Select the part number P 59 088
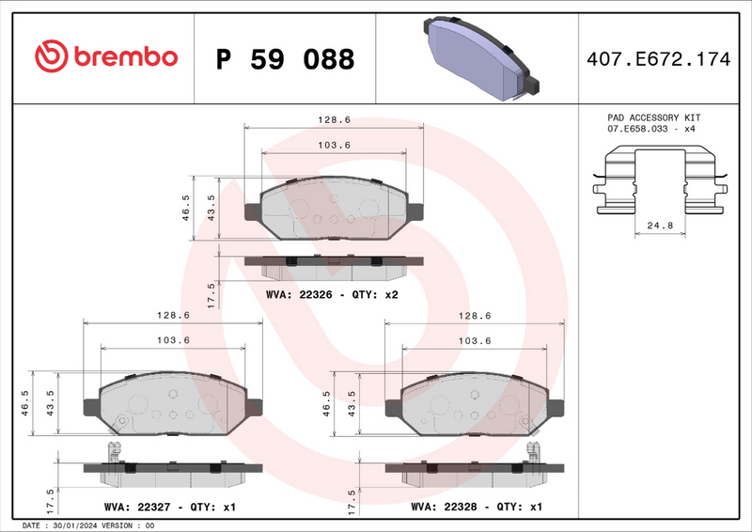point(285,59)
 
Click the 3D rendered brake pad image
point(480,57)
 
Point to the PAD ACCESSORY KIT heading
point(654,117)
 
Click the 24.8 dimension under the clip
point(660,226)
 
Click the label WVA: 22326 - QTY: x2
point(334,295)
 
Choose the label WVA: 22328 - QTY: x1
point(477,507)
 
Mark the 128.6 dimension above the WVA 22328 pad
point(475,316)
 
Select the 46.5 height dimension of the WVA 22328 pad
point(327,401)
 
